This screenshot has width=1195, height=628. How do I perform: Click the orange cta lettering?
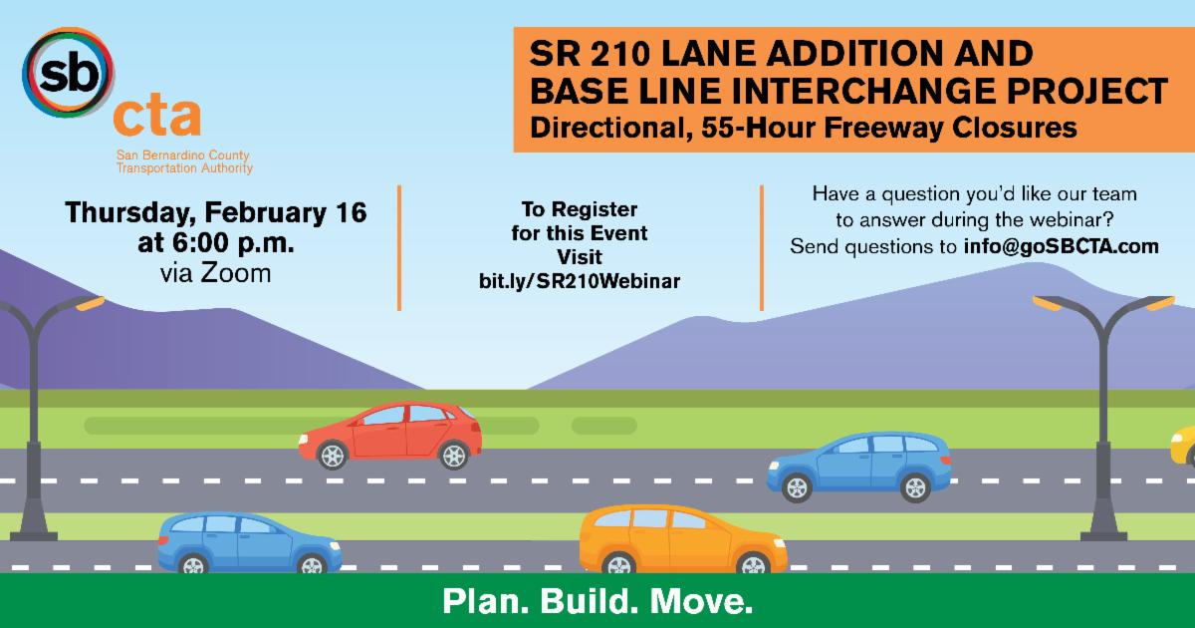155,118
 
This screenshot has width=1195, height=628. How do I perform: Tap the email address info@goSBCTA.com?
1062,246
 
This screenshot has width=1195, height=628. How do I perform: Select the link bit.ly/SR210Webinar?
580,281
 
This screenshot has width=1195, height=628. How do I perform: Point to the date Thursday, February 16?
216,212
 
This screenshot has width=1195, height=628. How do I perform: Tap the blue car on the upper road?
859,466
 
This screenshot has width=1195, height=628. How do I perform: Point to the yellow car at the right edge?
1183,446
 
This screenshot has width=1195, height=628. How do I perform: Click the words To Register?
580,210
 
